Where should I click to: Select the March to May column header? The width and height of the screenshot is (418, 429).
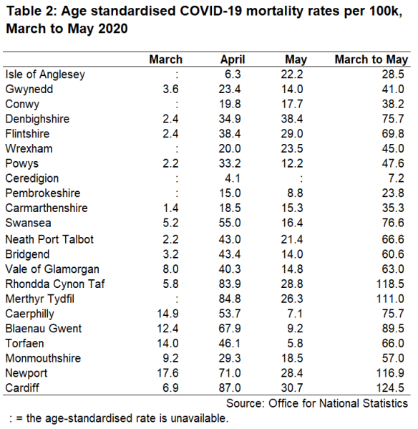pos(371,59)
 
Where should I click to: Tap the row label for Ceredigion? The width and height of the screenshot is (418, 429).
pos(32,178)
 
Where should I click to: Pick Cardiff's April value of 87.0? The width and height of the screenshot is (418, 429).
pos(232,388)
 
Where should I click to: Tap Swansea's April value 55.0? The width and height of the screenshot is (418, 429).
pos(232,223)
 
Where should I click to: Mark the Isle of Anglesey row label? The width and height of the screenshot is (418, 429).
pos(44,74)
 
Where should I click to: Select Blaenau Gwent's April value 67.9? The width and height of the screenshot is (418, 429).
pos(232,329)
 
